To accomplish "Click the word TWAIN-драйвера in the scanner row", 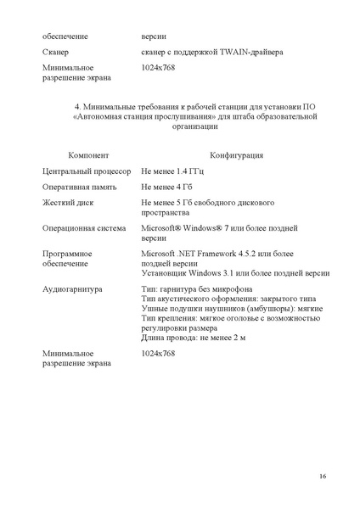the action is point(252,53).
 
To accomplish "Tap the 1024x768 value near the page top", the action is point(158,67).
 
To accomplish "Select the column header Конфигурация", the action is point(236,155).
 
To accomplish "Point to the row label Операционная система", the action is point(85,228).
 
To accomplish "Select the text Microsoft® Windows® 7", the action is point(193,228).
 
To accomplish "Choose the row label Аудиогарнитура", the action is point(72,289).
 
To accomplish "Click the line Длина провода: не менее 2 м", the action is point(196,338).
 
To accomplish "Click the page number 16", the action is point(323,476).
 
